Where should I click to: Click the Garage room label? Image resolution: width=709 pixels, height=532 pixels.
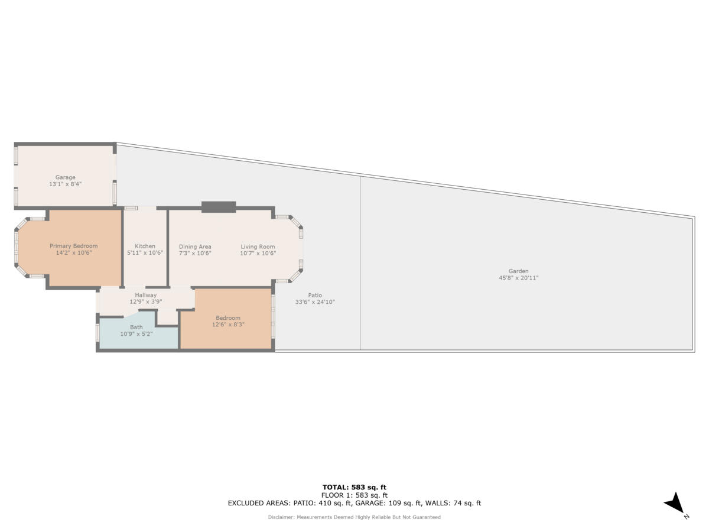pos(66,177)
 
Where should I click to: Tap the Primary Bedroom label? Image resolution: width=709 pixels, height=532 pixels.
pos(74,246)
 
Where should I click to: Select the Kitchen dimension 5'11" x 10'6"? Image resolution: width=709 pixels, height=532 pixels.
pos(145,252)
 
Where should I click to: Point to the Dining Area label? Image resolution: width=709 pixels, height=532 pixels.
pos(195,246)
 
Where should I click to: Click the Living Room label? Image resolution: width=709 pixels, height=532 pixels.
pos(258,246)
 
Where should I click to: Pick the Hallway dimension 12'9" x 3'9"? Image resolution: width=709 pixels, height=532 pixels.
pos(145,301)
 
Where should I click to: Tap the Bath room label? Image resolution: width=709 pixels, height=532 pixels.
pos(136,327)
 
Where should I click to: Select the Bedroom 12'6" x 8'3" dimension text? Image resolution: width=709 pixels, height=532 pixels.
pos(228,324)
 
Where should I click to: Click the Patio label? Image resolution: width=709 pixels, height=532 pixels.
pos(315,295)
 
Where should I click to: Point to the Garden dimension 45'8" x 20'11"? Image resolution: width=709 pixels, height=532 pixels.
pos(519,278)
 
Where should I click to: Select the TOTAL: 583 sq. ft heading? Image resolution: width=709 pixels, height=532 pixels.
pos(354,487)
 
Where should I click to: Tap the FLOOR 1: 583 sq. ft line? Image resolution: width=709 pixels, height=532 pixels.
pos(354,495)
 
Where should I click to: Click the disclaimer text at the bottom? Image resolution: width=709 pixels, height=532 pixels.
pos(354,517)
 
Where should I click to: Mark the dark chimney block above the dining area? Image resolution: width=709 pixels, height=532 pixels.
pos(219,207)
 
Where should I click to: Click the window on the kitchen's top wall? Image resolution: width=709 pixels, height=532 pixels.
pos(131,208)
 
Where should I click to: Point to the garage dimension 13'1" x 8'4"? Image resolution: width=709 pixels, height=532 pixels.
pos(66,184)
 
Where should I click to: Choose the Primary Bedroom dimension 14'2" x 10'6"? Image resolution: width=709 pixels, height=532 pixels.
pos(74,252)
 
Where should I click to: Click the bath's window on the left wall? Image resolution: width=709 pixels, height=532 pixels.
pos(97,332)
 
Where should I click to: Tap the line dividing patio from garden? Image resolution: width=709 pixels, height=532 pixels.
pos(360,263)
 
